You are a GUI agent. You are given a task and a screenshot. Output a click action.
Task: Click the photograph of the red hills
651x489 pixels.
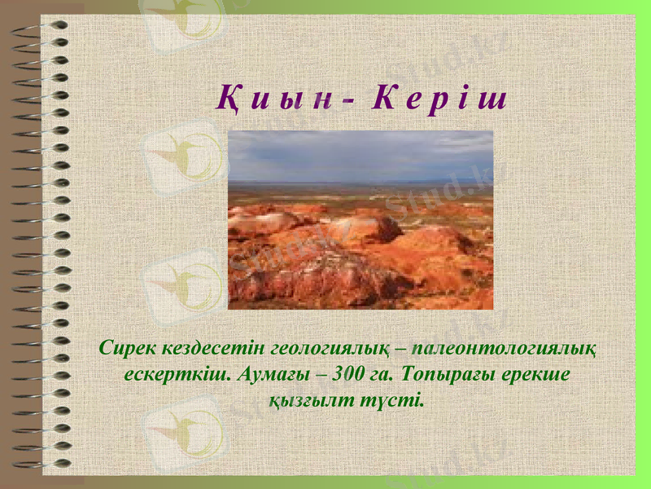(x=360, y=244)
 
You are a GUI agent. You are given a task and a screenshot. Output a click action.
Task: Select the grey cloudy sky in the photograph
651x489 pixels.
(x=360, y=155)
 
